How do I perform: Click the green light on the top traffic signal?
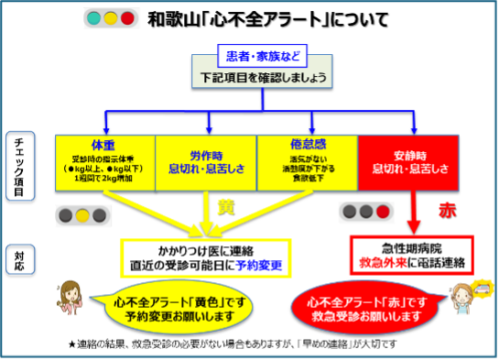point(93,18)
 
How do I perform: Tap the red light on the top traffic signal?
point(128,18)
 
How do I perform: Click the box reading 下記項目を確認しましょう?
point(262,77)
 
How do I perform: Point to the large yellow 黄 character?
point(225,206)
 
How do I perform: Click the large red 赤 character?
point(447,210)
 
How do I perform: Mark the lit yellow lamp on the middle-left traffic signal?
point(83,216)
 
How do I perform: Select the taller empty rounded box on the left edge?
point(20,166)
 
